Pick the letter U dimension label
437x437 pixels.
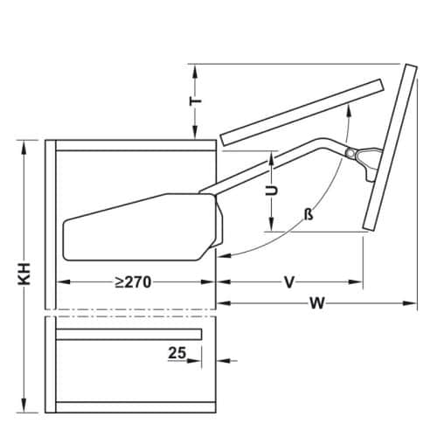272,190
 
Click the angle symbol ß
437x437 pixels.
309,214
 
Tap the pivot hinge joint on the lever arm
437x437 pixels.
351,154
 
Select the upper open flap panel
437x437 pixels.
302,110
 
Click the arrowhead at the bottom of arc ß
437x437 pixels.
223,256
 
